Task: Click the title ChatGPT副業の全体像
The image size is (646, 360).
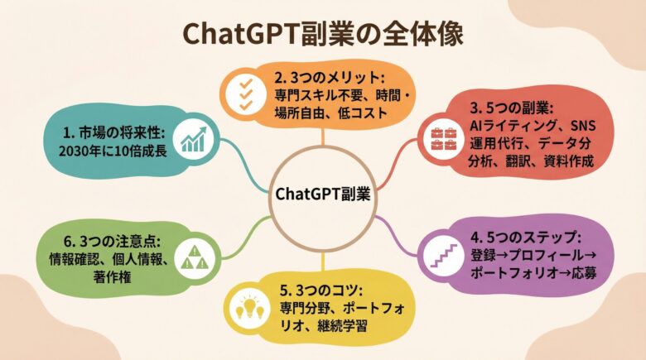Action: [323, 35]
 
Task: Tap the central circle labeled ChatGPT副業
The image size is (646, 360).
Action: [322, 194]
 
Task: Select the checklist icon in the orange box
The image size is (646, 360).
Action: [247, 96]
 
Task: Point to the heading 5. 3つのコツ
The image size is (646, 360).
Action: [319, 290]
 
